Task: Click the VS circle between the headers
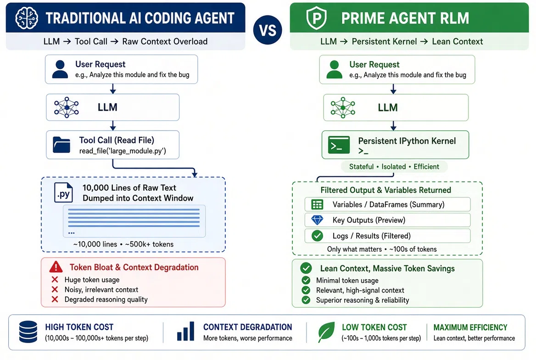coord(268,30)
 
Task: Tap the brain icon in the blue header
coord(27,18)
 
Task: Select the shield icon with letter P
coord(316,18)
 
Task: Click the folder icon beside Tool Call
coord(61,144)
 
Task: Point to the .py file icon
coord(64,193)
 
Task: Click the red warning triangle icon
coord(56,267)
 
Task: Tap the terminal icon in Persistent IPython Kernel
coord(339,145)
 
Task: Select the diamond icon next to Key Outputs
coord(317,220)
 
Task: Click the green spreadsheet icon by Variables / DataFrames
coord(317,204)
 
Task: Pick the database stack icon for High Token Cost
coord(28,332)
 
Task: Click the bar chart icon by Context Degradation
coord(185,331)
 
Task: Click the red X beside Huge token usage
coord(55,280)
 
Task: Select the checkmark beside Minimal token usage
coord(306,280)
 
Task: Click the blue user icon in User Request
coord(60,69)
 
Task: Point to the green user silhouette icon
coord(335,69)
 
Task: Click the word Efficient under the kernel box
coord(426,167)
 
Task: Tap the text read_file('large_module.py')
coord(123,151)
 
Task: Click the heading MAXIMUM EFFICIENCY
coord(470,327)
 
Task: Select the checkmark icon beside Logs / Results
coord(317,236)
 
